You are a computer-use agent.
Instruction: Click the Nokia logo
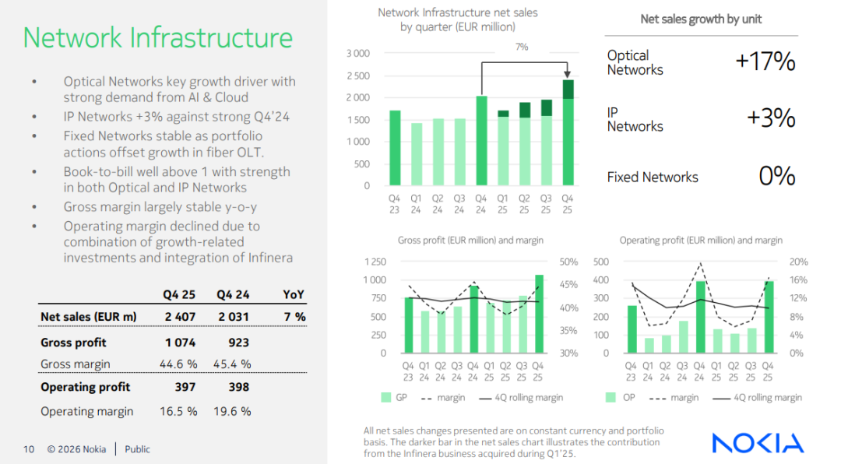click(x=758, y=443)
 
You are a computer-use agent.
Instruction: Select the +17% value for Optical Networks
click(x=765, y=62)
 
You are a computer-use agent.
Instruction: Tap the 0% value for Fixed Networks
click(x=776, y=176)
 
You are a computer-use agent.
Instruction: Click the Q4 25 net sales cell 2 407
click(x=179, y=317)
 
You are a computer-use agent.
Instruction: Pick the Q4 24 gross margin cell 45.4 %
click(x=233, y=364)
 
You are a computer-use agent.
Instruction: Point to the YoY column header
click(x=294, y=295)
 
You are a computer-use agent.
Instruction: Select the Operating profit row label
click(x=85, y=387)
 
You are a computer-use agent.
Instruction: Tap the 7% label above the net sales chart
click(x=522, y=47)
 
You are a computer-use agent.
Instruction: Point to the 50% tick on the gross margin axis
click(x=568, y=262)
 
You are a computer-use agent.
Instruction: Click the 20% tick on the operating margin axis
click(x=798, y=262)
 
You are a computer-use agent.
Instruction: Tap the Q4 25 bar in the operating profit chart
click(x=768, y=317)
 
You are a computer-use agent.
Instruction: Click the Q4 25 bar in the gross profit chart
click(x=539, y=314)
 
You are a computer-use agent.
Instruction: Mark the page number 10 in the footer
click(x=29, y=449)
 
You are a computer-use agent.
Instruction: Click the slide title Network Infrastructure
click(x=158, y=37)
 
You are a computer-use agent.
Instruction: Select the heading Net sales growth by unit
click(x=701, y=19)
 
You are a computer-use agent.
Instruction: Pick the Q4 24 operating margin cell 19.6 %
click(x=233, y=411)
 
